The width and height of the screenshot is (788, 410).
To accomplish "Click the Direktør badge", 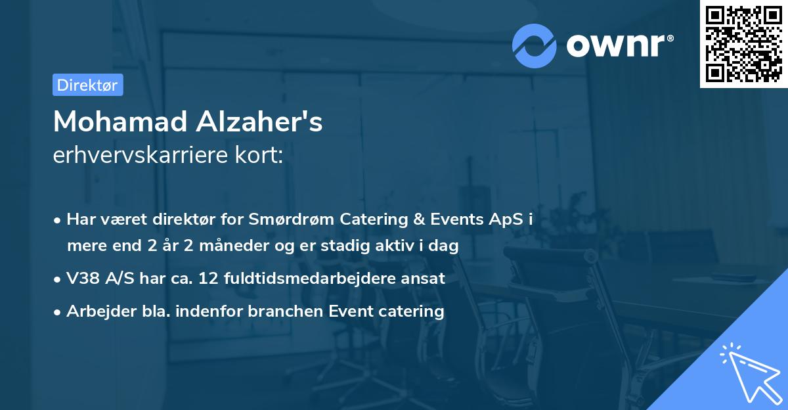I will point(87,85).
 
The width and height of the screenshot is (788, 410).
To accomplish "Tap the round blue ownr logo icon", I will point(535,45).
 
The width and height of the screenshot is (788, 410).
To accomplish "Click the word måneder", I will point(243,246).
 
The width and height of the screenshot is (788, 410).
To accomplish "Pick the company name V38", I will point(83,279).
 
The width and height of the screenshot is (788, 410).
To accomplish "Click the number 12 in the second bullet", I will point(207,279).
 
